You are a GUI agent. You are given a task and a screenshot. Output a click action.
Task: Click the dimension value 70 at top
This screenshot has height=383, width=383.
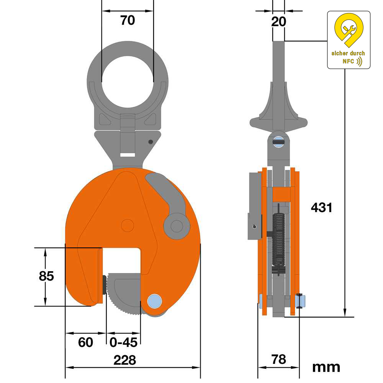[x=128, y=20]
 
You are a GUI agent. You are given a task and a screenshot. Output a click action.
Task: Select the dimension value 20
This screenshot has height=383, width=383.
[x=278, y=22]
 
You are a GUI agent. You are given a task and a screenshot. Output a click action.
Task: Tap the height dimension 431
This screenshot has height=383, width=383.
[x=322, y=208]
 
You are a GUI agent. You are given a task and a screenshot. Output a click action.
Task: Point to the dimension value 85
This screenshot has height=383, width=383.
[x=46, y=276]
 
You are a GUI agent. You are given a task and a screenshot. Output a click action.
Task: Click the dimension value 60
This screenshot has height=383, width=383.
[x=85, y=342]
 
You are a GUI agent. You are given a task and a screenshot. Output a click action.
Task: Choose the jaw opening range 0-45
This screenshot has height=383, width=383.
[x=123, y=342]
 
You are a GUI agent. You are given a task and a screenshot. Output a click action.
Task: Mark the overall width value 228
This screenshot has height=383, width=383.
[x=125, y=360]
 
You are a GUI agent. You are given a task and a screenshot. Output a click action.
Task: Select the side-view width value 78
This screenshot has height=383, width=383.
[x=278, y=359]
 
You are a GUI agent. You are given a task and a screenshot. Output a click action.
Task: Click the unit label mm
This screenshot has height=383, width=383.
[x=326, y=367]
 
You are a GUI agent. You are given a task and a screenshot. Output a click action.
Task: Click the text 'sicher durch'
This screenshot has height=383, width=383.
[x=348, y=53]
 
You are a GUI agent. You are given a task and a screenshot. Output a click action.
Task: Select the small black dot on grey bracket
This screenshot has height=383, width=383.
[x=151, y=142]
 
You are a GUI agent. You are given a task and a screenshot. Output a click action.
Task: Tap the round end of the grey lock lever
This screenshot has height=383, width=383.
[x=177, y=226]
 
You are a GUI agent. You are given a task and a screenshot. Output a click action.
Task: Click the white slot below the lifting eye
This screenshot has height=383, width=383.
[x=127, y=155]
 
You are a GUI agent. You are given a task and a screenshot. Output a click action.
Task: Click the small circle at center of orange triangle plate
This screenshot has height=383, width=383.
[x=128, y=226]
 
